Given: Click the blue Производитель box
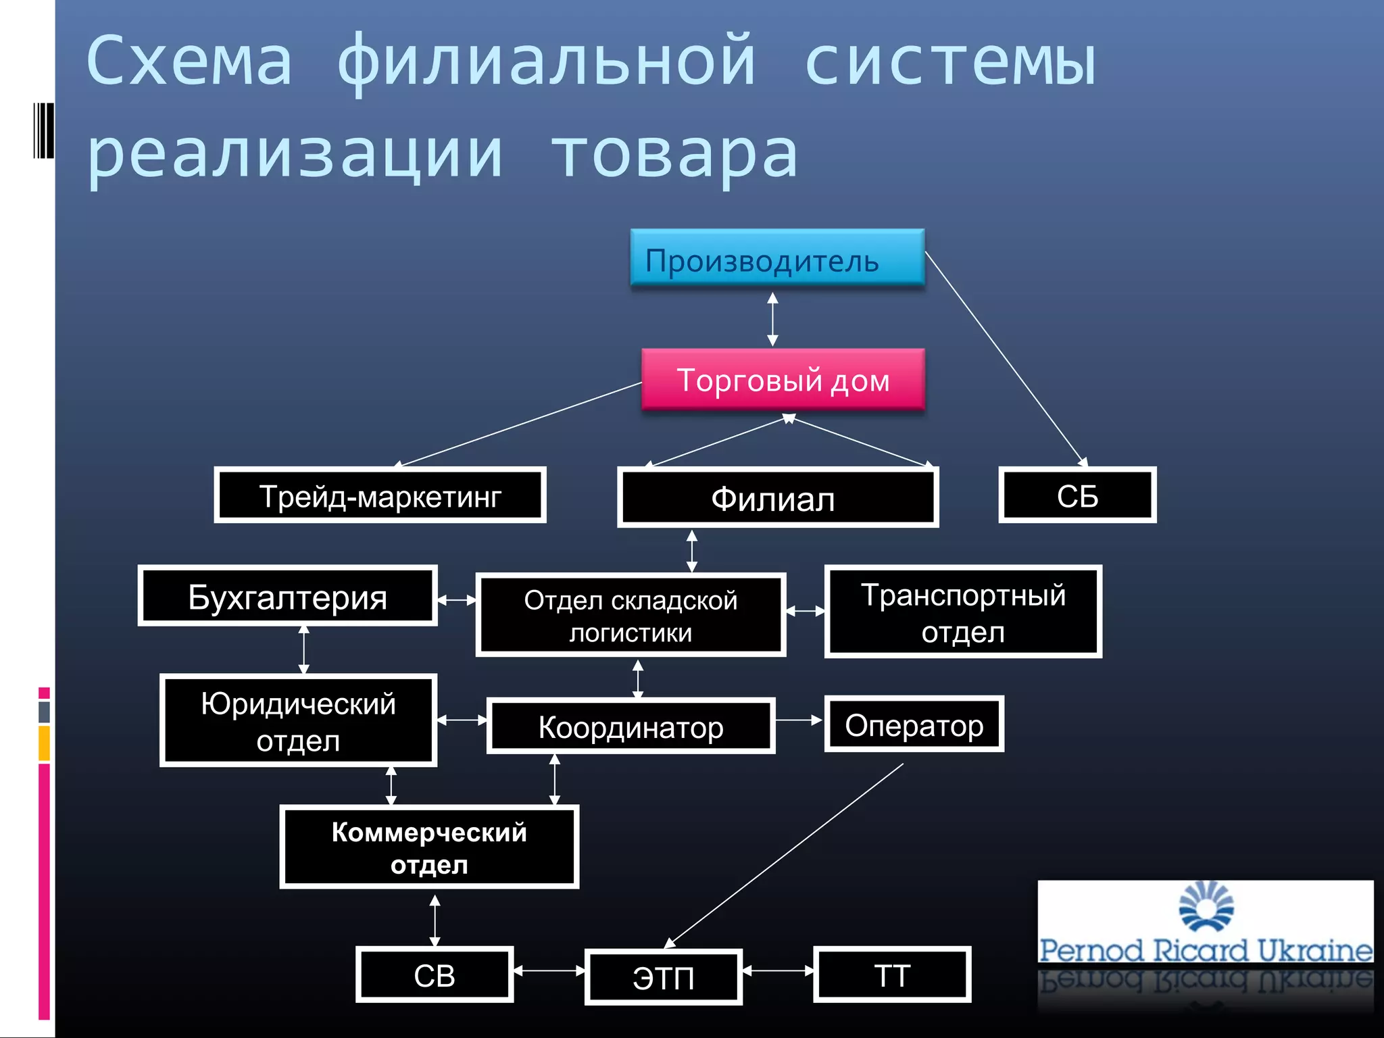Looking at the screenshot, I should (x=777, y=259).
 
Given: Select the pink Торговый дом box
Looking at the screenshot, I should (x=783, y=380).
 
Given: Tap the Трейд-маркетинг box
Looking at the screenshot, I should (x=380, y=495).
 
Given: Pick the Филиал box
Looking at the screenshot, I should (x=777, y=498).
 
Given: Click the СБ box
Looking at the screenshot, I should (x=1077, y=495).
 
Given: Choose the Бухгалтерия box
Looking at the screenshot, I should (x=287, y=596).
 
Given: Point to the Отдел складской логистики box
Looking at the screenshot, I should (x=631, y=615).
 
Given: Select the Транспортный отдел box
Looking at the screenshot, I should (x=963, y=612).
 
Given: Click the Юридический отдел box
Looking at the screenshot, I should (x=298, y=720).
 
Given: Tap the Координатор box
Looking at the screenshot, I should (x=631, y=726).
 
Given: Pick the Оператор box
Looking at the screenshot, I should (x=914, y=724).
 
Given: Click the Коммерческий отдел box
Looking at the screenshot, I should (x=429, y=847).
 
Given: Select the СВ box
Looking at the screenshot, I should (x=435, y=974).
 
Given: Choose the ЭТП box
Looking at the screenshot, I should (x=663, y=977).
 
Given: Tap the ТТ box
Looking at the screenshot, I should (x=892, y=974).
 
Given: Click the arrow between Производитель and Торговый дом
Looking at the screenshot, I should (x=772, y=319).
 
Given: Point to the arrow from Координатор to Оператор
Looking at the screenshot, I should (x=799, y=720).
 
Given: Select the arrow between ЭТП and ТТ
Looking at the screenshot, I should (x=778, y=971).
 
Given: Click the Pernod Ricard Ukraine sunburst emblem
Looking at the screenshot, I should (x=1206, y=906).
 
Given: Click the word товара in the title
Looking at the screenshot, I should (x=674, y=154).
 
